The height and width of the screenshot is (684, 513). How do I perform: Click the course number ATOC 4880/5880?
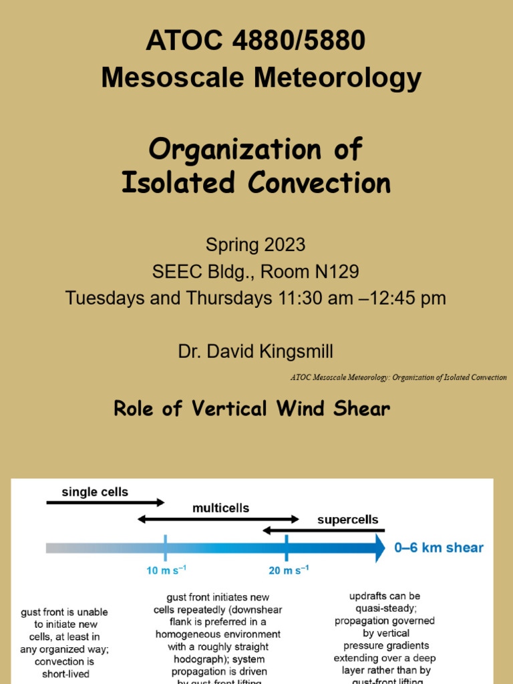(256, 41)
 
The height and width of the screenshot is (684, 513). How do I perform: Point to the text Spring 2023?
(255, 244)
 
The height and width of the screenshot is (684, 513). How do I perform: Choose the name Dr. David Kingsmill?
(256, 351)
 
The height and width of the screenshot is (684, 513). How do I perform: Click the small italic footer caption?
(398, 377)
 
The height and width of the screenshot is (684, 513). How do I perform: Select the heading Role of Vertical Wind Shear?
(252, 409)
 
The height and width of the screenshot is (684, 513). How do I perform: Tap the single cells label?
(95, 492)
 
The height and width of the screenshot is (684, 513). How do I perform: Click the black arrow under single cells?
(105, 502)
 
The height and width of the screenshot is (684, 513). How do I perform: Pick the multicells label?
(220, 508)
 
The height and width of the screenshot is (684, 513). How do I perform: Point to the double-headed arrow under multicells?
(218, 518)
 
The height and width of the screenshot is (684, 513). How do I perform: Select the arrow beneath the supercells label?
(323, 530)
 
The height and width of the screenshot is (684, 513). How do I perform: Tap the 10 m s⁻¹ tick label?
(166, 570)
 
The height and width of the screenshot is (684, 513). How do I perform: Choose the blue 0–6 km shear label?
(438, 548)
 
